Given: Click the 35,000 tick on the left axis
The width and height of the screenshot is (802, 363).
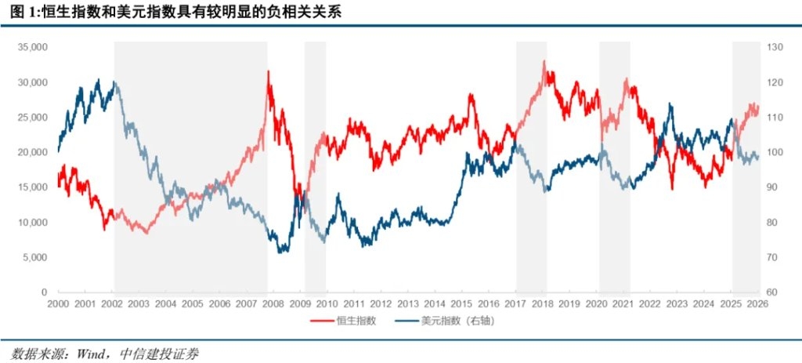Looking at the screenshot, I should [x=34, y=47].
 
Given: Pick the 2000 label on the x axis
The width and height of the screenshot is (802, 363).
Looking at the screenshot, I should [x=58, y=303].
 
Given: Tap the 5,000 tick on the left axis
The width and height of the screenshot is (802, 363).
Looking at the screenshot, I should [x=36, y=257].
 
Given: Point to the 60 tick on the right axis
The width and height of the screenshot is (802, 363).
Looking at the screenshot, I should [x=771, y=292].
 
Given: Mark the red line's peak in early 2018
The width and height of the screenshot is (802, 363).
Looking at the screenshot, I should [x=544, y=61].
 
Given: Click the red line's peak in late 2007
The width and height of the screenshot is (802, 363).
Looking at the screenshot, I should [x=269, y=71].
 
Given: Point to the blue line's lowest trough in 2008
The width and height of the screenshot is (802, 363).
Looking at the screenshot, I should [x=282, y=251].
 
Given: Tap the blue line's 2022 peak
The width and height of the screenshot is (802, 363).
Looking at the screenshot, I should [x=670, y=103].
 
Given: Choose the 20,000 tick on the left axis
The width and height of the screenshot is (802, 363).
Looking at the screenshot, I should [x=34, y=152].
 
